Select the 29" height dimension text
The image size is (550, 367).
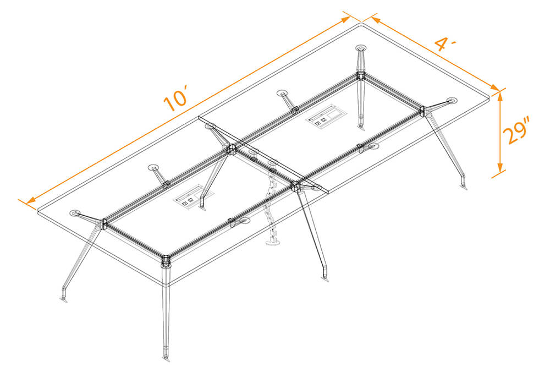[x=519, y=133]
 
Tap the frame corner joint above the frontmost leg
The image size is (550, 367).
[x=166, y=259]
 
